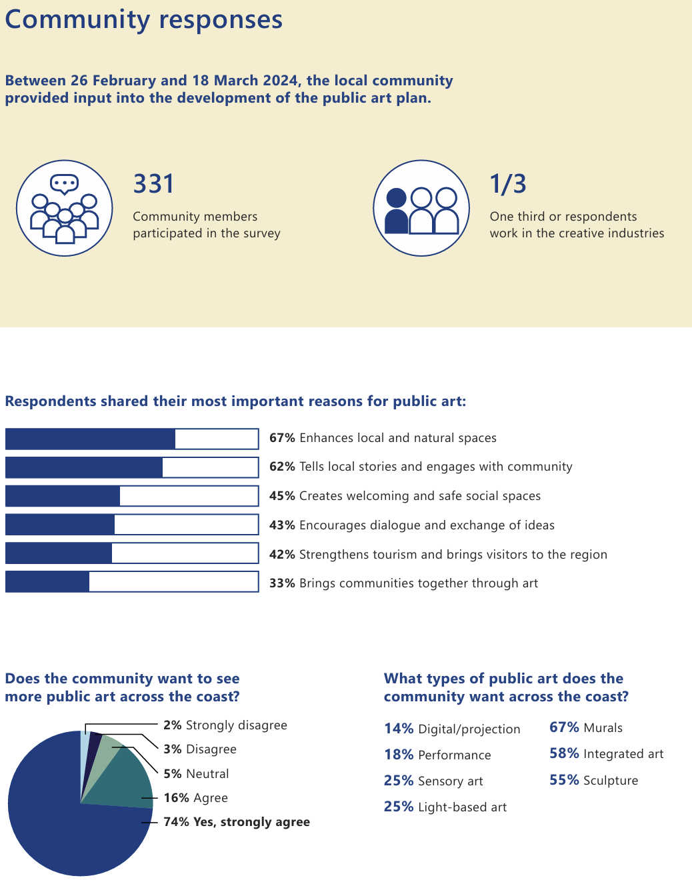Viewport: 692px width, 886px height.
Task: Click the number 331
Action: tap(154, 184)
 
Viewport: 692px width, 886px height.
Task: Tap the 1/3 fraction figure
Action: tap(508, 184)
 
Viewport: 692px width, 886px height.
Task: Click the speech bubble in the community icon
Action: tap(65, 183)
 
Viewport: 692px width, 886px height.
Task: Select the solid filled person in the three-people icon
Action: tap(397, 212)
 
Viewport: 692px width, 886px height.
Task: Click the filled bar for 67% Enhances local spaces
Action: tap(90, 439)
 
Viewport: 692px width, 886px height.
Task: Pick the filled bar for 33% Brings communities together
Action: tap(47, 582)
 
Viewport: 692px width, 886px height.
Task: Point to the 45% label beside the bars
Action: tap(282, 496)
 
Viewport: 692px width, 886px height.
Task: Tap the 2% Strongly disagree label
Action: tap(225, 725)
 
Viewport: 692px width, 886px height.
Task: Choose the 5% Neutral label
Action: tap(196, 774)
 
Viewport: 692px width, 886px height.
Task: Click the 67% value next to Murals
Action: tap(564, 727)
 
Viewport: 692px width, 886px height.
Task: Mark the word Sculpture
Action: tap(611, 781)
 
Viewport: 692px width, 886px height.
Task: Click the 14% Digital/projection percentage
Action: tap(399, 729)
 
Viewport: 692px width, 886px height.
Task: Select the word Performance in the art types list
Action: tap(454, 755)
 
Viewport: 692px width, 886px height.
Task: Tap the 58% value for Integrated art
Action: tap(564, 753)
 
